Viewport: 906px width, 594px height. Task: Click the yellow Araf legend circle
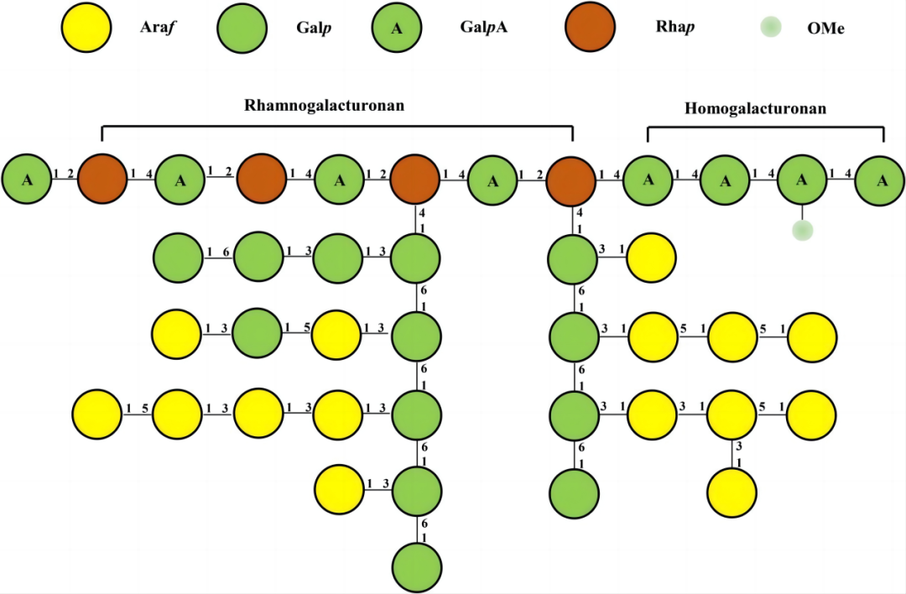86,28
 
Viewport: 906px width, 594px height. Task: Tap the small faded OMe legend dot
769,28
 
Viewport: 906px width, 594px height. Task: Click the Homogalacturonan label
755,108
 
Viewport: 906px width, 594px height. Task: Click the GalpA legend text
483,28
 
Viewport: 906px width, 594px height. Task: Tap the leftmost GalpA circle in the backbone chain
26,179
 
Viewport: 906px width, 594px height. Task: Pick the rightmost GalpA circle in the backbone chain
880,179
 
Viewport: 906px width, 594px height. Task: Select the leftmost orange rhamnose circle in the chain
102,179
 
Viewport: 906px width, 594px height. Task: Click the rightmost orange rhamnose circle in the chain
571,179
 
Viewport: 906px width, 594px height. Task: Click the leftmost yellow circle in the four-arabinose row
96,414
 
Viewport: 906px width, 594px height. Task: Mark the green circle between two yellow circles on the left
258,336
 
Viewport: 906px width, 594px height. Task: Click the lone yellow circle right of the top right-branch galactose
651,259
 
